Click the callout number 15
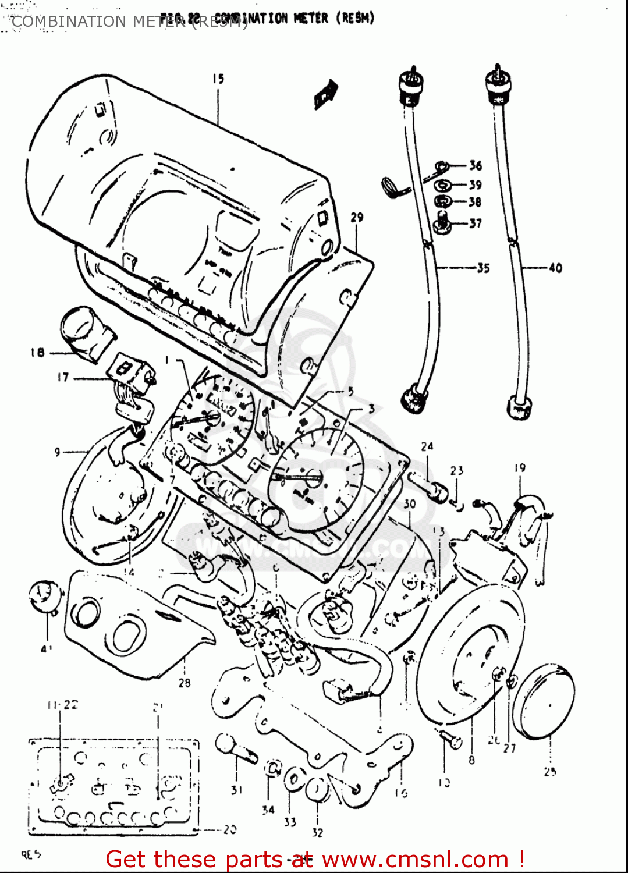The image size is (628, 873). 218,79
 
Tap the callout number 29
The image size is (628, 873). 357,217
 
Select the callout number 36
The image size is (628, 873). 476,165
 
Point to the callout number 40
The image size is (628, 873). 555,268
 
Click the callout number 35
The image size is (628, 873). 483,268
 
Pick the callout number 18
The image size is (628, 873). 37,352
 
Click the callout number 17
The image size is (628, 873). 63,377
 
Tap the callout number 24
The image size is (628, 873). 427,446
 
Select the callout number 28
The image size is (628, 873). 185,682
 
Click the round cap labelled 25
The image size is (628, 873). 544,701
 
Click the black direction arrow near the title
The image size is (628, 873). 326,93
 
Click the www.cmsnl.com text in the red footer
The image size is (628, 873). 415,859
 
